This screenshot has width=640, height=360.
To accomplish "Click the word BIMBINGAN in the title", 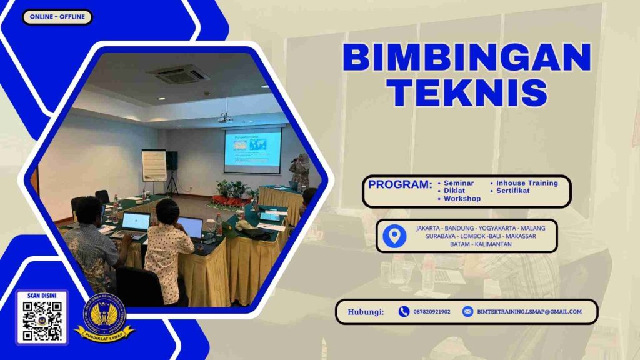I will point(466,58).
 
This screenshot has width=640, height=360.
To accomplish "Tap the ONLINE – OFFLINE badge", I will point(57,17).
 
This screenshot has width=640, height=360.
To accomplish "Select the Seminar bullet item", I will point(458,183).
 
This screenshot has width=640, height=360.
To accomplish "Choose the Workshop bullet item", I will point(462,199).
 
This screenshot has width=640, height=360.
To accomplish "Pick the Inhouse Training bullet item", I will point(526,183).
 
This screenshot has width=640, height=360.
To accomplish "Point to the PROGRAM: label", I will point(400,185).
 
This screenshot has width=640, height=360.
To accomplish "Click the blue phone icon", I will point(404,312).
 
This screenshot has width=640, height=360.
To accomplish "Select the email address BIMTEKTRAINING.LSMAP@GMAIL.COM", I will point(529,312).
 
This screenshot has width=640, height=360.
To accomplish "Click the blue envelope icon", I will point(467,312).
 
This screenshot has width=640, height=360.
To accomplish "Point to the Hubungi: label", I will point(366,312).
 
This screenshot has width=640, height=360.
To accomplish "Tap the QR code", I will point(42,321).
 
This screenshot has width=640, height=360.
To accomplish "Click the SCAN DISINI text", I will point(42,296).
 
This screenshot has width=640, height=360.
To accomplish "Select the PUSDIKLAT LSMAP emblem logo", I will point(104,317).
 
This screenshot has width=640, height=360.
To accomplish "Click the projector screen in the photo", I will point(252,150).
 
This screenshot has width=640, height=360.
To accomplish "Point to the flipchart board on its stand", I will point(154,166).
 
